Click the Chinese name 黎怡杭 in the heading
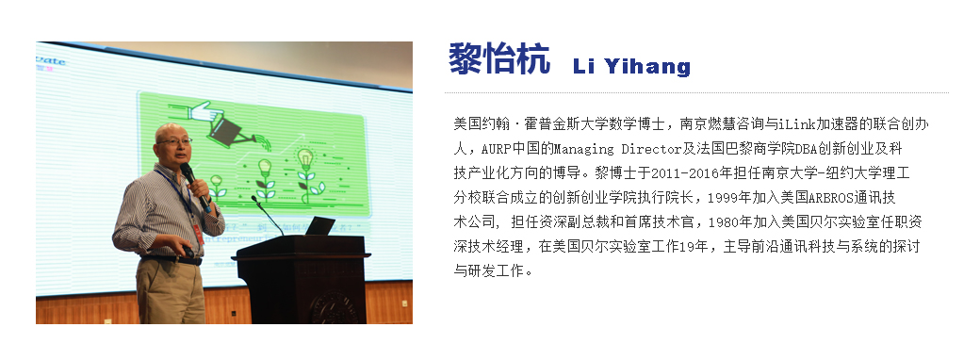coord(499,58)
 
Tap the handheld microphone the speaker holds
coord(195,186)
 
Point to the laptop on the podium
coord(319,226)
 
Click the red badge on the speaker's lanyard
coord(198,234)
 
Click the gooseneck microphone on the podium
coord(268,215)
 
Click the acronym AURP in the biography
coord(496,150)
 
